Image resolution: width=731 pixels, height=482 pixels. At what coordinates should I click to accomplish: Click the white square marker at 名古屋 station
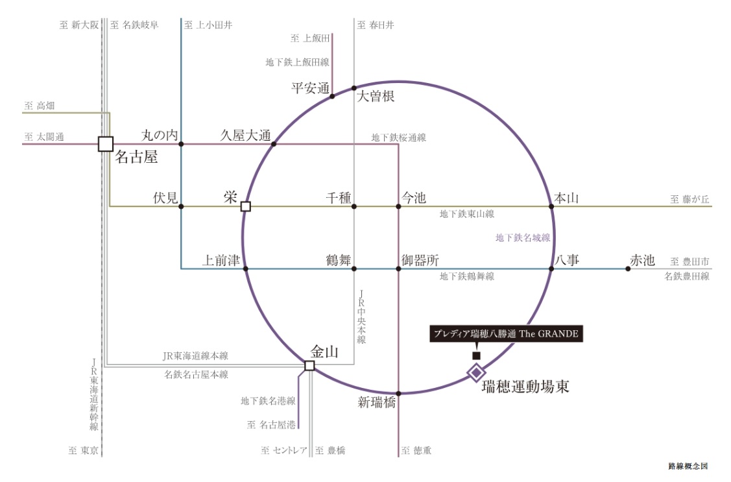click(x=106, y=144)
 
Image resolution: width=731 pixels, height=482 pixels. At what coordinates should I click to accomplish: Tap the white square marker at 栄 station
click(x=246, y=206)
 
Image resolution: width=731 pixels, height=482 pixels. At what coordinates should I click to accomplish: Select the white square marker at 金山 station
click(x=309, y=365)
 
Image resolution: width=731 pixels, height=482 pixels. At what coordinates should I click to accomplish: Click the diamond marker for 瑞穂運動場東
click(x=476, y=372)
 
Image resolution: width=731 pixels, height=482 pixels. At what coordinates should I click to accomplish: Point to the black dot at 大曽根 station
click(x=354, y=88)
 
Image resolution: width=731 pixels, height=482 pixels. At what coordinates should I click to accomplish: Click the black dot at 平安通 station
click(x=332, y=97)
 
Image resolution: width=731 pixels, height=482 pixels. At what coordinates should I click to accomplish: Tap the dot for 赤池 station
click(x=628, y=269)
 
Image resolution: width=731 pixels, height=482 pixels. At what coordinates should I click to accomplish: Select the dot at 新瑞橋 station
click(x=399, y=394)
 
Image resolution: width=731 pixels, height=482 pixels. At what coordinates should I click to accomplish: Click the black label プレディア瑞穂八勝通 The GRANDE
click(x=506, y=333)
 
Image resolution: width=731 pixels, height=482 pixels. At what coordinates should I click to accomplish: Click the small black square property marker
click(x=476, y=355)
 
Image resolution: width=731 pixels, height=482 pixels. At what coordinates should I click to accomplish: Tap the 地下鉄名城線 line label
click(x=523, y=237)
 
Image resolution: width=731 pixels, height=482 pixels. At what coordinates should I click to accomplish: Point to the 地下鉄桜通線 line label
click(x=399, y=138)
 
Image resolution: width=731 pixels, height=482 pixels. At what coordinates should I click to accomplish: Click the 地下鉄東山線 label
click(x=466, y=214)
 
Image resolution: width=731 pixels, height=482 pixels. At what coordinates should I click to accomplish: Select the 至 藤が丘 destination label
click(x=689, y=200)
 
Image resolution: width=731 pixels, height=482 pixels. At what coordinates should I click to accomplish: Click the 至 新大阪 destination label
click(x=78, y=25)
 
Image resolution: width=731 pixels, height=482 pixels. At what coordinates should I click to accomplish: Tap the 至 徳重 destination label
click(x=416, y=450)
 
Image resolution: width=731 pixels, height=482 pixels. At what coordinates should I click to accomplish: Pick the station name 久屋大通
click(x=246, y=136)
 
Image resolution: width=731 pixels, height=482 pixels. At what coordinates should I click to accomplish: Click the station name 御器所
click(x=420, y=260)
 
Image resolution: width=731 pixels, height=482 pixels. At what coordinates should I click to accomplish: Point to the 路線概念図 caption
click(x=688, y=466)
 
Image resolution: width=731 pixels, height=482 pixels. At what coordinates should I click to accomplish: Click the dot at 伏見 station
click(x=182, y=206)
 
